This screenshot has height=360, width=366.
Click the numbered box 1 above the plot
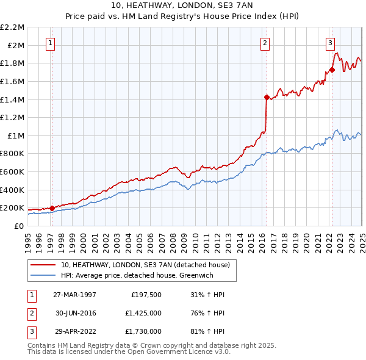point(49,43)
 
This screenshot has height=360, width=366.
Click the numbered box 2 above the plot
point(265,43)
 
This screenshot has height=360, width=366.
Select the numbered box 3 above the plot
point(330,43)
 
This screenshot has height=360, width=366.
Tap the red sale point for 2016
point(267,97)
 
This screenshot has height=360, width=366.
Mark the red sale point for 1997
point(52,208)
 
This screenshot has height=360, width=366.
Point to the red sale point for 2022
point(332,70)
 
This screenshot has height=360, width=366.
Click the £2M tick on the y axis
point(16,45)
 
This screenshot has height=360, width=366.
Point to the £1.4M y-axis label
point(13,99)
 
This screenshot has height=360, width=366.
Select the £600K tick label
point(12,171)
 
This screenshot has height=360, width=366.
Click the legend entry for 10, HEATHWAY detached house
point(145,265)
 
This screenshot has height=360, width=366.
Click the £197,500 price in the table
point(146,295)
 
